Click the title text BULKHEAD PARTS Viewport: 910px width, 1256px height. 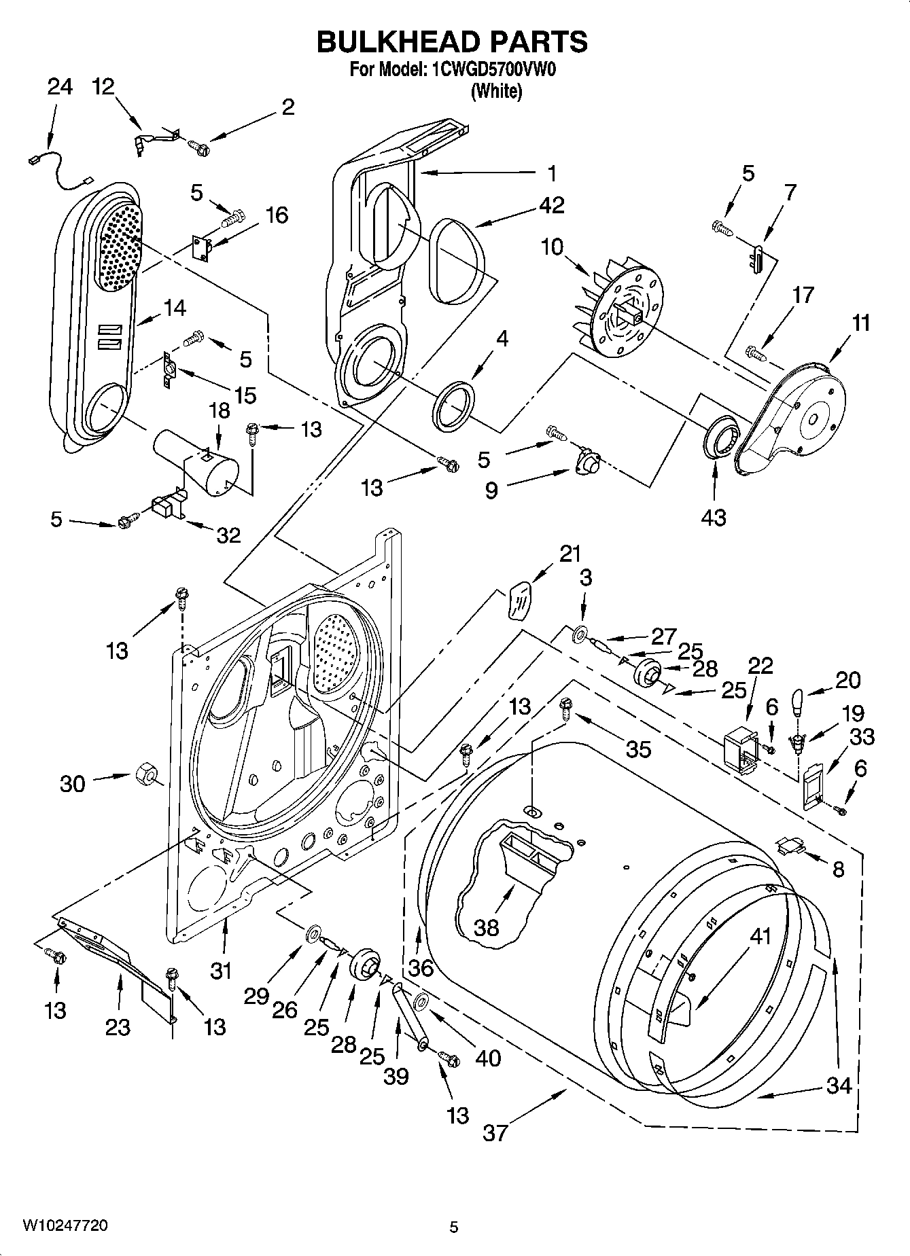coord(452,42)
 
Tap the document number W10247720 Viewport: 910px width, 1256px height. coord(65,1225)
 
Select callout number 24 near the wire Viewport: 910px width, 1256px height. coord(59,87)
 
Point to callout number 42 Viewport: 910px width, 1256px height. coord(551,204)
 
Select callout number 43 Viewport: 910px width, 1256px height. coord(714,517)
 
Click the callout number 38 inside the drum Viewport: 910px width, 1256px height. coord(486,927)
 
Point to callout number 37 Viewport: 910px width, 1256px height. coord(495,1132)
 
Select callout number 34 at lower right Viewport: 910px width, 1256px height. coord(839,1085)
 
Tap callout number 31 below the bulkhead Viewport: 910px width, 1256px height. coord(220,971)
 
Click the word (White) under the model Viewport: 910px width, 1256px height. coord(497,91)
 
